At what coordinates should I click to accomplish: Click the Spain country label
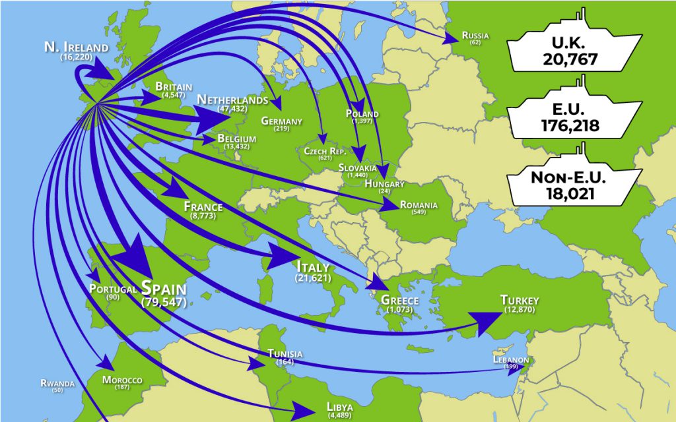coord(164,288)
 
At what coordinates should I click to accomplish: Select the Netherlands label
coord(232,100)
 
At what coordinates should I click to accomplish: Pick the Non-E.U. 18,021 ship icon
coord(574,185)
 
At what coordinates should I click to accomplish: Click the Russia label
coord(475,35)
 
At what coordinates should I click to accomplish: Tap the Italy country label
coord(314,267)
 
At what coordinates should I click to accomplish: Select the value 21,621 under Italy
coord(314,279)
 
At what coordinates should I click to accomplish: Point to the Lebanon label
coord(511,359)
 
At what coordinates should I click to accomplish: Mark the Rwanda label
coord(57,383)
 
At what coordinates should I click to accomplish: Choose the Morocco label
coord(122,380)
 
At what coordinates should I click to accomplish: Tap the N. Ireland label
coord(76,47)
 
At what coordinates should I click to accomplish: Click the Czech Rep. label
coord(325,151)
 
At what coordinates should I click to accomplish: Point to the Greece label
coord(400,301)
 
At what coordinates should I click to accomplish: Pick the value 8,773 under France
coord(203,216)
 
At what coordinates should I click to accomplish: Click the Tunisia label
coord(285,354)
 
